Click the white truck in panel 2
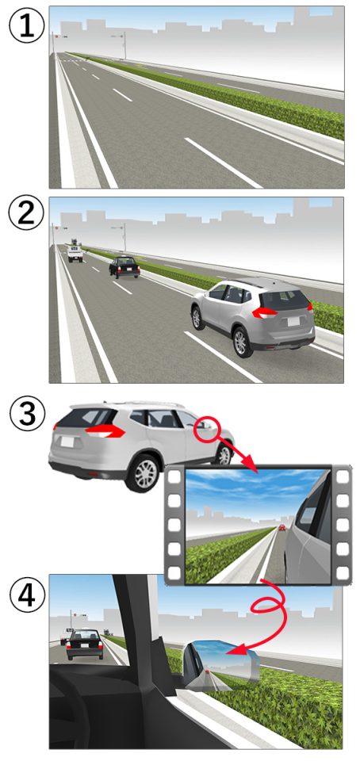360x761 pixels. [75, 250]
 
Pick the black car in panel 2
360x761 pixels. [124, 267]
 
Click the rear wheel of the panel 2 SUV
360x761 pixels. [241, 342]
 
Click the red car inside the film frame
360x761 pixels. [281, 527]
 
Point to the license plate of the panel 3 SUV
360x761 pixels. [67, 442]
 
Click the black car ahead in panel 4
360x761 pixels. [85, 644]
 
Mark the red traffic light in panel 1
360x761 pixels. [57, 36]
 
